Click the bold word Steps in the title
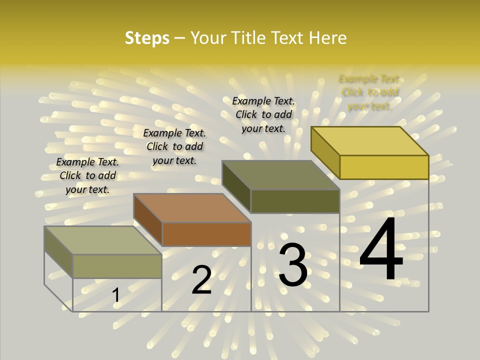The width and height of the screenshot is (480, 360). click(147, 38)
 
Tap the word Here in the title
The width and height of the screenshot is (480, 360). click(328, 38)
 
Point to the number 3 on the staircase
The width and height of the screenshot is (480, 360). click(292, 265)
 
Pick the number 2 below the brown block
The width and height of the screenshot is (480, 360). click(201, 280)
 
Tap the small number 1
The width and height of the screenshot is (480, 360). click(116, 295)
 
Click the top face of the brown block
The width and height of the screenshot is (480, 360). click(192, 208)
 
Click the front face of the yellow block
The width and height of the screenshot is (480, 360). click(384, 167)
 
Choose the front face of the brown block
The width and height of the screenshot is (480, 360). click(206, 234)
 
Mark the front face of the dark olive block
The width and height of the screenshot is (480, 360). click(295, 201)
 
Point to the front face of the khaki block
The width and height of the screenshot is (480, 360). click(117, 266)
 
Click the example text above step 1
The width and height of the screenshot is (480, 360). click(87, 175)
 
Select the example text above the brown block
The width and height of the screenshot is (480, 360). click(174, 146)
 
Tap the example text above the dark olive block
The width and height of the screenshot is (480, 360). click(263, 114)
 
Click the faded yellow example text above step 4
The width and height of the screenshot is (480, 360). click(369, 92)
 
